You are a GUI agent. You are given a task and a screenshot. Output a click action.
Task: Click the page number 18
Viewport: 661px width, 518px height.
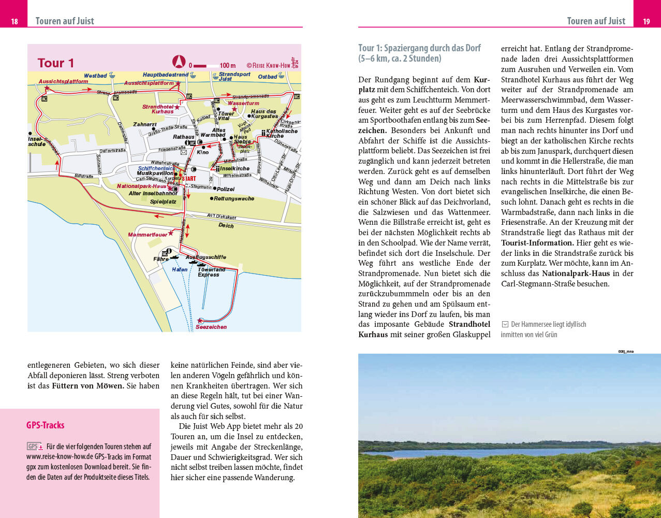14,21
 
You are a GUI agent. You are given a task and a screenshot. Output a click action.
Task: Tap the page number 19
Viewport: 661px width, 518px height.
647,21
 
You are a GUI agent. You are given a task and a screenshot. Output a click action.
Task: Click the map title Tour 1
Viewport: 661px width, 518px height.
56,63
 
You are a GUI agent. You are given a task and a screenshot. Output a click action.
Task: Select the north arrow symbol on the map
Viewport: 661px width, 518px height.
179,62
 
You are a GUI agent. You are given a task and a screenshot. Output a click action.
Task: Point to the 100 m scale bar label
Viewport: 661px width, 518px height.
227,66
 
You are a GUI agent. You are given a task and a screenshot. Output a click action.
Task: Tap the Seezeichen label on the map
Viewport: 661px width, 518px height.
211,327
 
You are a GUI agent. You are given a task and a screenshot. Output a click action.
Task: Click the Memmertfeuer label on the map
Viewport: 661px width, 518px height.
148,235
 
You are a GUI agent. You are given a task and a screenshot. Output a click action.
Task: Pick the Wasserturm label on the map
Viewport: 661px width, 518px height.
243,103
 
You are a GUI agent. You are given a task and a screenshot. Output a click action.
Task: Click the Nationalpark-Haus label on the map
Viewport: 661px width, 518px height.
141,186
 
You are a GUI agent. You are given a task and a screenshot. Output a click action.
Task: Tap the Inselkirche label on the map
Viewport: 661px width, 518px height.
234,168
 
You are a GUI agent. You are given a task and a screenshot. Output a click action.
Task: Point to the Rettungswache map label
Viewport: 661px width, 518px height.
233,198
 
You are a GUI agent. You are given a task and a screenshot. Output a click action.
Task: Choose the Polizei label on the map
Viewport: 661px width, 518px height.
226,189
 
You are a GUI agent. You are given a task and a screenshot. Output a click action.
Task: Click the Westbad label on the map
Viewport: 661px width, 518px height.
95,76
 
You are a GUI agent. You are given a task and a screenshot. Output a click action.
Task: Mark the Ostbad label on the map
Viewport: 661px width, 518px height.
268,77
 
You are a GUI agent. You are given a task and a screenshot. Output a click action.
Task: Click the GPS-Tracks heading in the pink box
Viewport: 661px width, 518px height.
46,425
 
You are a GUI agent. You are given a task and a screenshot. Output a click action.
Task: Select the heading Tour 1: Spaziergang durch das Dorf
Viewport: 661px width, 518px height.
419,53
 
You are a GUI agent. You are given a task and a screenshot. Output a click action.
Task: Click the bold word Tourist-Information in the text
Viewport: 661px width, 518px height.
537,243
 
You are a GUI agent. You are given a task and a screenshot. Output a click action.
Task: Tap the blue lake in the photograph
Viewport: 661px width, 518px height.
492,452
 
